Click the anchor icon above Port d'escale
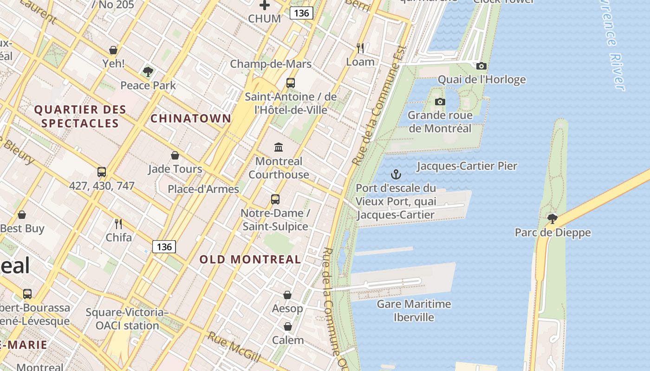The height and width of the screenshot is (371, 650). [396, 174]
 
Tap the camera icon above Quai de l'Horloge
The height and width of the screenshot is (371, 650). [481, 66]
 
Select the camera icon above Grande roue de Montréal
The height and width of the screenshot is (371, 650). [440, 102]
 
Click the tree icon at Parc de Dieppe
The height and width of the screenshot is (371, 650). [552, 218]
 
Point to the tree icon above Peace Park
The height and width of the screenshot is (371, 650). [148, 71]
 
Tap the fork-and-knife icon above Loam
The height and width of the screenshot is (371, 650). [360, 48]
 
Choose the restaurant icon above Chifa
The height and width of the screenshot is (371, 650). [118, 224]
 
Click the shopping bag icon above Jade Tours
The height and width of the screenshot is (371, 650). [175, 155]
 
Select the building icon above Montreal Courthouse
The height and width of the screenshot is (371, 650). [279, 147]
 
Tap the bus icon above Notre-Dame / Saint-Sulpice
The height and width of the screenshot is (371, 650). [275, 199]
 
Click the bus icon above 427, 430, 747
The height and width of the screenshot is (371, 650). [102, 172]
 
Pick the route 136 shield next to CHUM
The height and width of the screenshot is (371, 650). [301, 13]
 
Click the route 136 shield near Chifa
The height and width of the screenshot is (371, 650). [164, 247]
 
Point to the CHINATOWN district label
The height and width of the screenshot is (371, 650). [190, 118]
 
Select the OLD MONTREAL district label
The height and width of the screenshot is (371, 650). [250, 259]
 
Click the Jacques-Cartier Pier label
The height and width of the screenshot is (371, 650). [467, 166]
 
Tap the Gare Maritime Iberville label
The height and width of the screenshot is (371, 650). [414, 311]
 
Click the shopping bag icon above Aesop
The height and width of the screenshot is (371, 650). [287, 295]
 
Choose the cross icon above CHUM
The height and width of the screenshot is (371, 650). [265, 6]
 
